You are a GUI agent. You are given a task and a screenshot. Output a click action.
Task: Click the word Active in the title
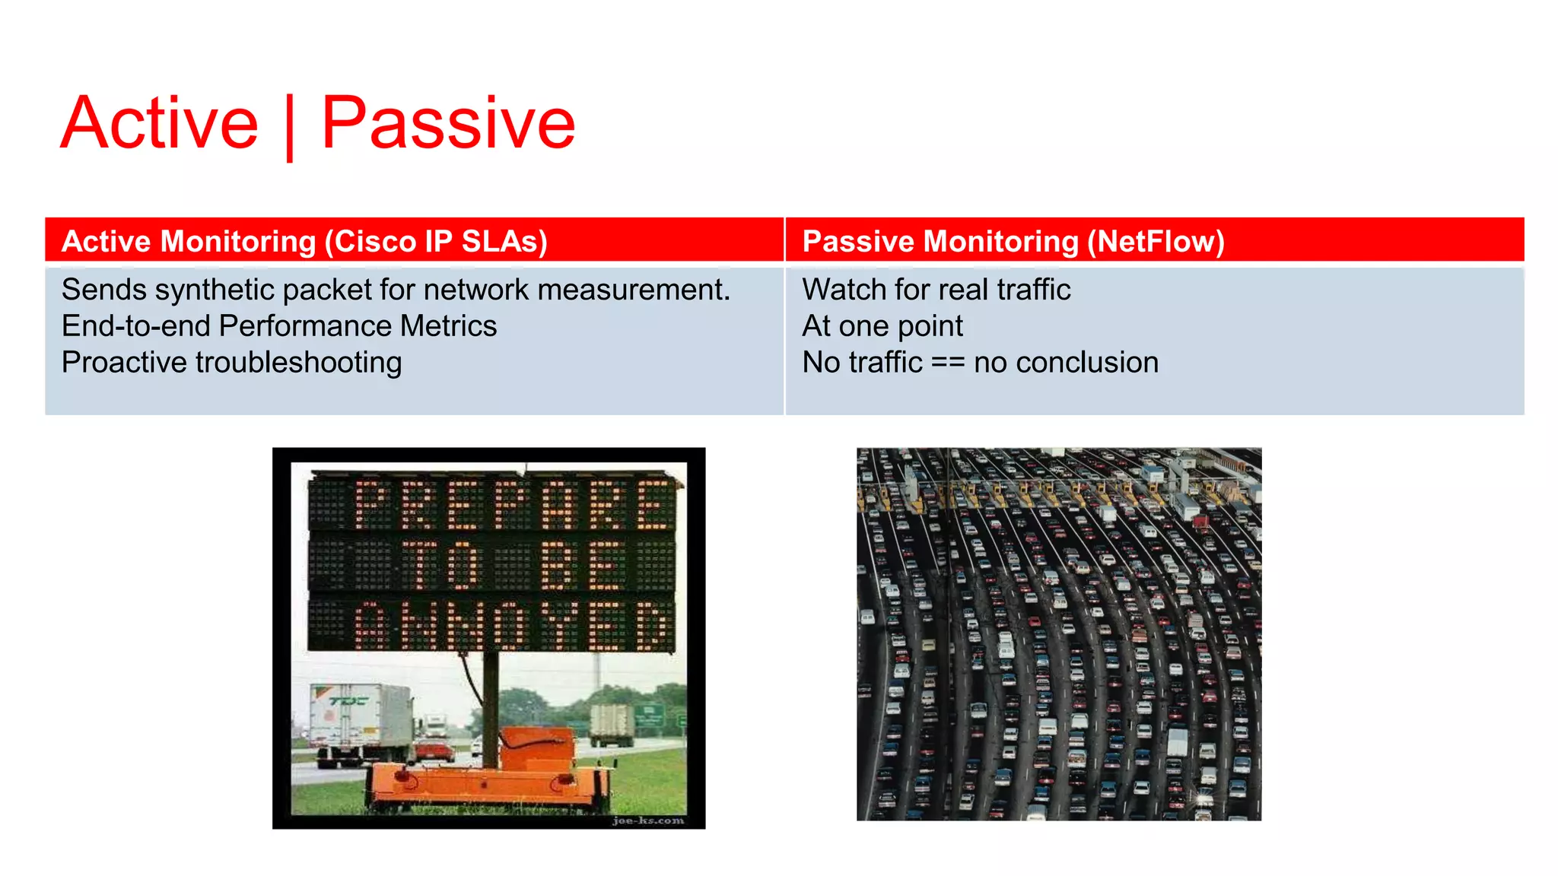[160, 123]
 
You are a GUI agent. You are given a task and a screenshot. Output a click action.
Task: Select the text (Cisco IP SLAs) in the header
[436, 241]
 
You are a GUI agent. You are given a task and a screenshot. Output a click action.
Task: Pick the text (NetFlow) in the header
[1156, 241]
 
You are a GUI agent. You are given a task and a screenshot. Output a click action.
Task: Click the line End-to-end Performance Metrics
[278, 326]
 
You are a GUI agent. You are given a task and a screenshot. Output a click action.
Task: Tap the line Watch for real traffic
[936, 290]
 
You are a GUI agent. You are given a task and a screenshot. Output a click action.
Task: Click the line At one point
[882, 326]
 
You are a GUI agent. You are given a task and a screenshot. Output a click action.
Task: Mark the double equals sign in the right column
[948, 363]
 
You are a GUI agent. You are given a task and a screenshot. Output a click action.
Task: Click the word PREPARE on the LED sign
[514, 503]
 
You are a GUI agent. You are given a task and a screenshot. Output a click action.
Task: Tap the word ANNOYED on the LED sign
[514, 625]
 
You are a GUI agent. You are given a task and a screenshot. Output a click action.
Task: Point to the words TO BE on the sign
[513, 564]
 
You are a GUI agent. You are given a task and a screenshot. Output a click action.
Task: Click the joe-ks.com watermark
[647, 820]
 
